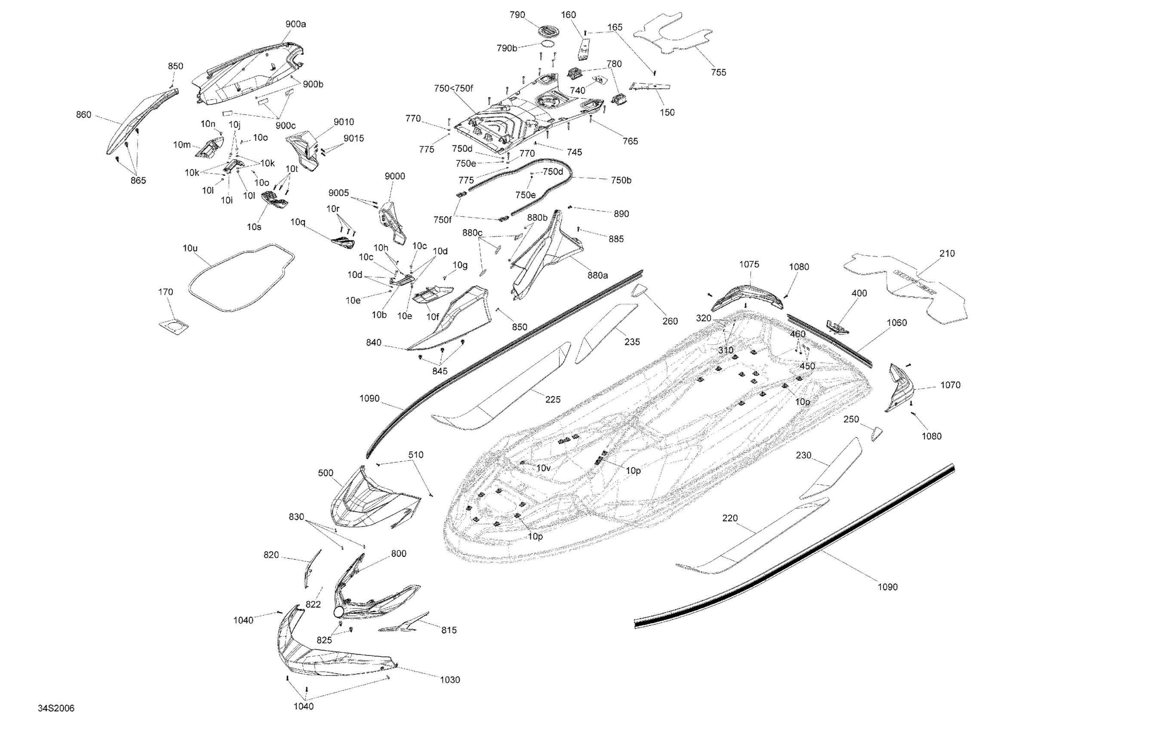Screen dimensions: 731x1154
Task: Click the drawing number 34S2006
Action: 56,709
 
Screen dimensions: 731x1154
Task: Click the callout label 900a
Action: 295,24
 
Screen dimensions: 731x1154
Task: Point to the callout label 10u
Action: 190,248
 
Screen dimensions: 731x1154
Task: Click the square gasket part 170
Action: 173,326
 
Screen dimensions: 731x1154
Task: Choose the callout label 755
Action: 718,72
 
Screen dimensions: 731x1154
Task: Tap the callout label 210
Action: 947,253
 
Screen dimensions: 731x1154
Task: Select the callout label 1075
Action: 749,264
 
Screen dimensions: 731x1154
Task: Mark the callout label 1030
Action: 449,680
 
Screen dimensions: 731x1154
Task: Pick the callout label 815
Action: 449,630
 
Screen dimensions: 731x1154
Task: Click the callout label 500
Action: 326,473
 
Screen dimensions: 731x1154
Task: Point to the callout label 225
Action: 553,399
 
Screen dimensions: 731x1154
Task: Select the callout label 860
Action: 83,114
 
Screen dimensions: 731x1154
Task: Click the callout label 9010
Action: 344,122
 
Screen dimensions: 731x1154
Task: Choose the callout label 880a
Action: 597,276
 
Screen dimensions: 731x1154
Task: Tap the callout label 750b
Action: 621,180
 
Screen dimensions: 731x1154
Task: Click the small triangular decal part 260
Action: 639,291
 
